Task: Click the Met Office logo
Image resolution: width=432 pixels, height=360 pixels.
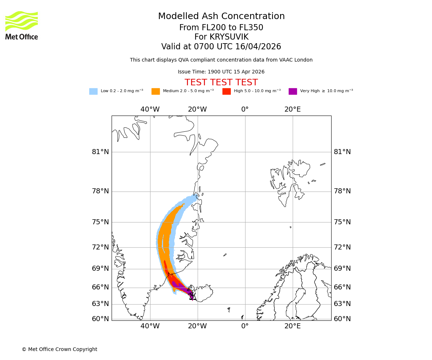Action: coord(22,25)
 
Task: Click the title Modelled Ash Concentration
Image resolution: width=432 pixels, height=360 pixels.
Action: coord(221,17)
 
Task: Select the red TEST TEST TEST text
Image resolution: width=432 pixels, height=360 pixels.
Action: coord(221,82)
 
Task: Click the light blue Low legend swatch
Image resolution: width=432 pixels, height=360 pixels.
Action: coord(93,91)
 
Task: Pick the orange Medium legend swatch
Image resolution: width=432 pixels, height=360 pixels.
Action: coord(156,91)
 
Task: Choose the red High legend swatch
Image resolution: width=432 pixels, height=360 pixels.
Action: coord(226,91)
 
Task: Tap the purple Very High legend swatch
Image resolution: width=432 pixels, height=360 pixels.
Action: coord(293,91)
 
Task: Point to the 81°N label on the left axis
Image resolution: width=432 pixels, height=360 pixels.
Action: coord(100,152)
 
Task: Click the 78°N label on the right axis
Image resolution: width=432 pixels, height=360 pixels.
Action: coord(342,191)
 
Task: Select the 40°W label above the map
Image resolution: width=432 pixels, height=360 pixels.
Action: coord(150,109)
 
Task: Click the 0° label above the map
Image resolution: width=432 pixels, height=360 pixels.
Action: coord(245,109)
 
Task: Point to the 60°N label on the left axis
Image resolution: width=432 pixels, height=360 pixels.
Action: coord(100,319)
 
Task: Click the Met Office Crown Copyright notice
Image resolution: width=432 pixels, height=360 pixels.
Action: coord(59,349)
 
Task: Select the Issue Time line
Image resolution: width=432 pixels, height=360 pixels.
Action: coord(221,72)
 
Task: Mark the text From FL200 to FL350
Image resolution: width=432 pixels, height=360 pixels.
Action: coord(221,28)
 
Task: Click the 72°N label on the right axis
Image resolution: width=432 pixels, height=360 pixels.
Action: coord(342,247)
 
